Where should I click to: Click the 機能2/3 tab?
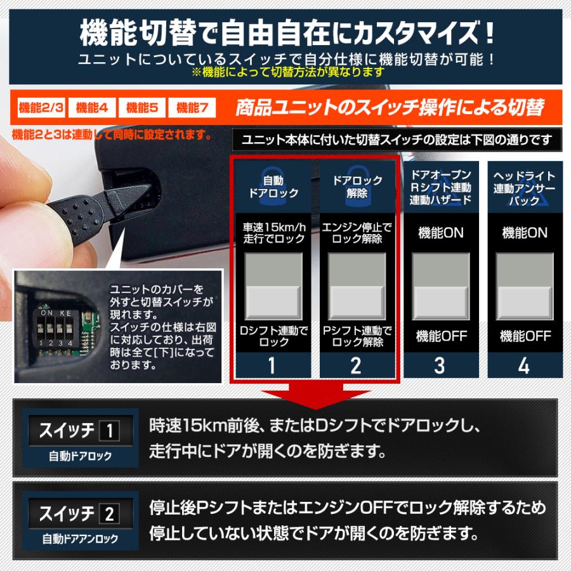[x=41, y=107]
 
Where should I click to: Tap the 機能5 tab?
[x=142, y=107]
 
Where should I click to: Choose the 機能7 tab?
[x=192, y=107]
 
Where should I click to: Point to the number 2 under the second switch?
[x=357, y=365]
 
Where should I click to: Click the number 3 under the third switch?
[x=440, y=365]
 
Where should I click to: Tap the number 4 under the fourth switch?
[x=523, y=365]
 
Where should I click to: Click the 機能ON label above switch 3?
[x=440, y=233]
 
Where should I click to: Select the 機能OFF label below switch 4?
[x=524, y=336]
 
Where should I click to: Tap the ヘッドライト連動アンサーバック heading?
[x=524, y=188]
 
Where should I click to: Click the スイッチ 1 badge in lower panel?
[x=79, y=431]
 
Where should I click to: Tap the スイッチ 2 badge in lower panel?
[x=79, y=513]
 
